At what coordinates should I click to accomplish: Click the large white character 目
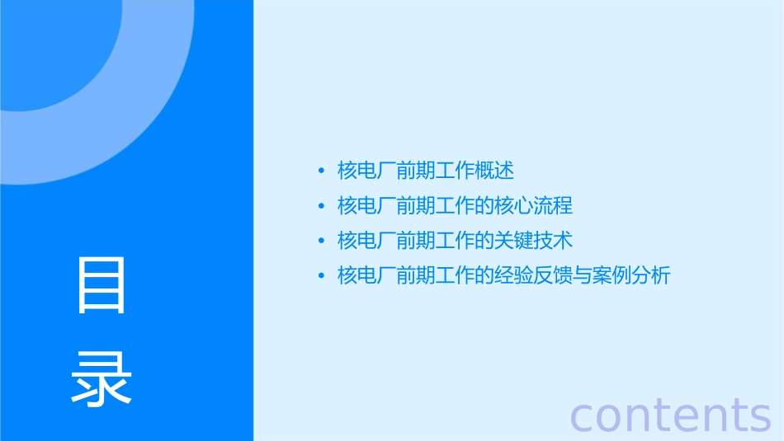(x=102, y=284)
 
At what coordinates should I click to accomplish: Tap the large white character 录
(x=102, y=378)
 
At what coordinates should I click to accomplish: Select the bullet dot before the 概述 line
(x=321, y=171)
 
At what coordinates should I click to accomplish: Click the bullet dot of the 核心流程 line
(x=321, y=205)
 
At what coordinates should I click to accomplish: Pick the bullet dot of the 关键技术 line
(x=321, y=241)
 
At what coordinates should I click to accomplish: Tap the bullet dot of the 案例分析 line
(x=321, y=275)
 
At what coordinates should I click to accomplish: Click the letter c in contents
(x=583, y=416)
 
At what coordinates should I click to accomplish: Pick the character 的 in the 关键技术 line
(x=484, y=241)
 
